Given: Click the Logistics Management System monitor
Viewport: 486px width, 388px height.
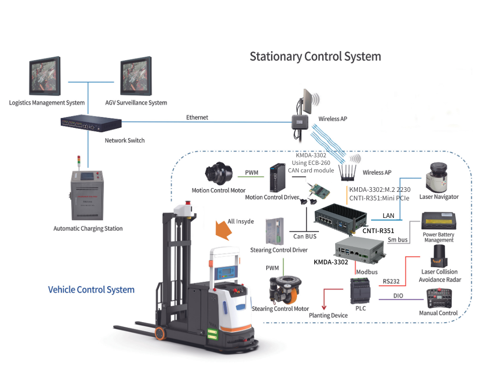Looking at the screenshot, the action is (45, 76).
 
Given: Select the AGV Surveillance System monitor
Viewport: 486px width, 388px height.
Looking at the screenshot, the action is (136, 76).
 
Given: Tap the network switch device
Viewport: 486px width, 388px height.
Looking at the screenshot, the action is (91, 123).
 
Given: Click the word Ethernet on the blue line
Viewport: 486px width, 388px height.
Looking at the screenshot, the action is (197, 117).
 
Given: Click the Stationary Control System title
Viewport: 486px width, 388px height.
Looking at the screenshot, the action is (315, 57).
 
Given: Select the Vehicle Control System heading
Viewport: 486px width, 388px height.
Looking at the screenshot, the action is (91, 289).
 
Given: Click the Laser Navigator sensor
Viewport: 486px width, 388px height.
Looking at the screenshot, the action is (437, 178).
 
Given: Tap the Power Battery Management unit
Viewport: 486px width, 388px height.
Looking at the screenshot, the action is (439, 221).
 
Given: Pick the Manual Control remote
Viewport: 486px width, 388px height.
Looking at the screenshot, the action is (439, 298).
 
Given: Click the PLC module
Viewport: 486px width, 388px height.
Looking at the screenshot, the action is (360, 290).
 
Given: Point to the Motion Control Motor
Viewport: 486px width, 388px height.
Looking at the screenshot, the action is (219, 173).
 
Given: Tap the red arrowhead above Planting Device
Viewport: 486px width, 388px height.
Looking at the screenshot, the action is (324, 307).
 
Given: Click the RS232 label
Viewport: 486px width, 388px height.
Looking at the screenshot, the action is (391, 281).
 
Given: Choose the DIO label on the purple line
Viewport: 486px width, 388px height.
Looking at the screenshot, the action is (398, 296).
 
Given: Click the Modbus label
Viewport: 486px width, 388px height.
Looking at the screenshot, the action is (367, 272).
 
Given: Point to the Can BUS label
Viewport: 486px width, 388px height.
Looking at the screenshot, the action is (305, 236).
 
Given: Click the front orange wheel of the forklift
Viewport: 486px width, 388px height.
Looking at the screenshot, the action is (160, 333).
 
